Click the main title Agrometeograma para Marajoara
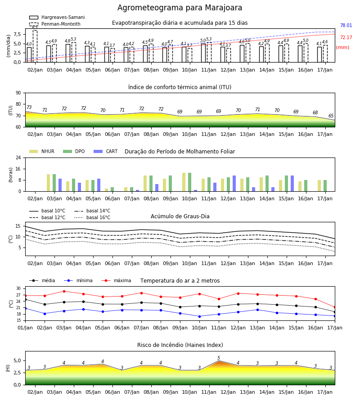(180, 8)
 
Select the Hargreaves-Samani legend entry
(57, 17)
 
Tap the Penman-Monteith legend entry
(55, 24)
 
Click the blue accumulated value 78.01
(346, 25)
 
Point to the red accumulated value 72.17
(346, 37)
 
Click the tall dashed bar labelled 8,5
(35, 46)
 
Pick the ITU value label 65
(331, 116)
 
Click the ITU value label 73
(29, 107)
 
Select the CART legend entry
(106, 151)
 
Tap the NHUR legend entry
(42, 151)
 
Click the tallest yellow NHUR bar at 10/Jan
(184, 182)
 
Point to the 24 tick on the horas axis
(18, 157)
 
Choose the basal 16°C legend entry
(92, 217)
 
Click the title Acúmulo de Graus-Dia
(180, 216)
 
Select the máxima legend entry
(116, 280)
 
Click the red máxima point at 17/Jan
(335, 307)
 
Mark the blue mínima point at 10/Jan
(199, 316)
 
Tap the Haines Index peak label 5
(219, 358)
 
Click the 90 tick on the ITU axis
(18, 93)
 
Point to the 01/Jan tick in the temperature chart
(25, 328)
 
